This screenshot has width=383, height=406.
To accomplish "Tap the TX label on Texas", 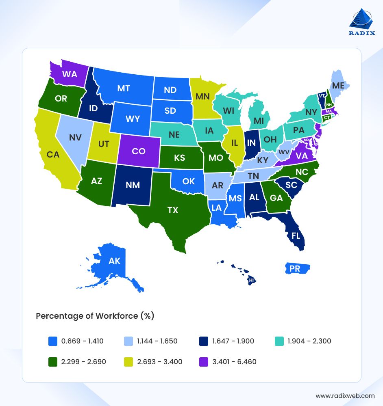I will [173, 210].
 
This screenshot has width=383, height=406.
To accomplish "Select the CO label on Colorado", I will [139, 151].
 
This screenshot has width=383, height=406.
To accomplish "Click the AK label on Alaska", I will [115, 261].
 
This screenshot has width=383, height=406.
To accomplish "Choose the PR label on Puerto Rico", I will [295, 268].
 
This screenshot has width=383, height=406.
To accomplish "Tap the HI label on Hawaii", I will [252, 280].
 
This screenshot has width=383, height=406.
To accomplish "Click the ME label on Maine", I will [338, 85].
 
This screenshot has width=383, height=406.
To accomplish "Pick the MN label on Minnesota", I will [202, 97].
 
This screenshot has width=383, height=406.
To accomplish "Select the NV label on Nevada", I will [75, 138].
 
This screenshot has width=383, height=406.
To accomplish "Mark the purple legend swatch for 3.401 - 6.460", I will [202, 361].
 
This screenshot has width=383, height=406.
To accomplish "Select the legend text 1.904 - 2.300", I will [309, 341].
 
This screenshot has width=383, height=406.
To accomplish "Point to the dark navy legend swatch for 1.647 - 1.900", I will [202, 341].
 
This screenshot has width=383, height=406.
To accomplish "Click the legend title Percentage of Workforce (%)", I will [95, 316].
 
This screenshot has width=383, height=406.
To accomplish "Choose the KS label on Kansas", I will [179, 158].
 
